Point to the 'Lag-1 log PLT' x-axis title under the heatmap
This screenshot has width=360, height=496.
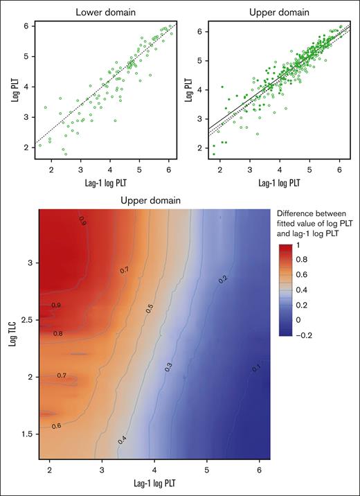(152, 487)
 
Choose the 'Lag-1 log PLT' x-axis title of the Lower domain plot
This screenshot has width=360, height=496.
(100, 181)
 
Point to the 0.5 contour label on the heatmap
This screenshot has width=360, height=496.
(149, 310)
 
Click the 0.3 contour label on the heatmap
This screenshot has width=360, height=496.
(168, 366)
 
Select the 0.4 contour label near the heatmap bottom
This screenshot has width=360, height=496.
(122, 439)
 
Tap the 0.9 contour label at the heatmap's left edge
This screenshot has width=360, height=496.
(55, 305)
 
